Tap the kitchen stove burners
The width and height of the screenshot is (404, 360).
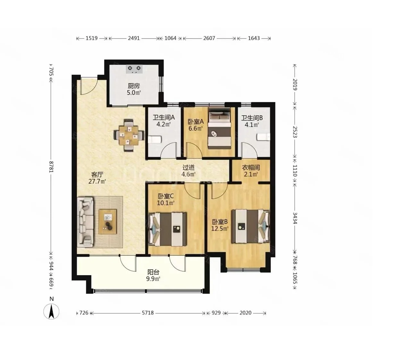[x=134, y=69]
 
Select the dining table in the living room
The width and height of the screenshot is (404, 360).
[x=129, y=135]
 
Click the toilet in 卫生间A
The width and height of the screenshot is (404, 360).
[x=155, y=140]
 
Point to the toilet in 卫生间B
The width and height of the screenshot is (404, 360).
[x=263, y=137]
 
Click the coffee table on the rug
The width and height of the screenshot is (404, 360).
[x=108, y=222]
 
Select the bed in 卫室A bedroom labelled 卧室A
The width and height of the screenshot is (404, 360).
[x=219, y=128]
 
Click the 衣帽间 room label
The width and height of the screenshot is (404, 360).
[x=251, y=168]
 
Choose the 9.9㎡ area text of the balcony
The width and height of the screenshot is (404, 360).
[x=153, y=279]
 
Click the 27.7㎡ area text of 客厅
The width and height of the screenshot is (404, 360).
[x=97, y=181]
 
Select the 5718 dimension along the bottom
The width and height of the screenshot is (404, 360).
[x=148, y=313]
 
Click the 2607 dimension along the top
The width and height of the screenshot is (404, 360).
[x=209, y=38]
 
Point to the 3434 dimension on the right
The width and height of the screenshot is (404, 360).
[x=295, y=218]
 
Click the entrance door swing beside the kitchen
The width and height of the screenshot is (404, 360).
[x=89, y=86]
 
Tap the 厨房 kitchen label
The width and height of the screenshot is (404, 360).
[x=134, y=86]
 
